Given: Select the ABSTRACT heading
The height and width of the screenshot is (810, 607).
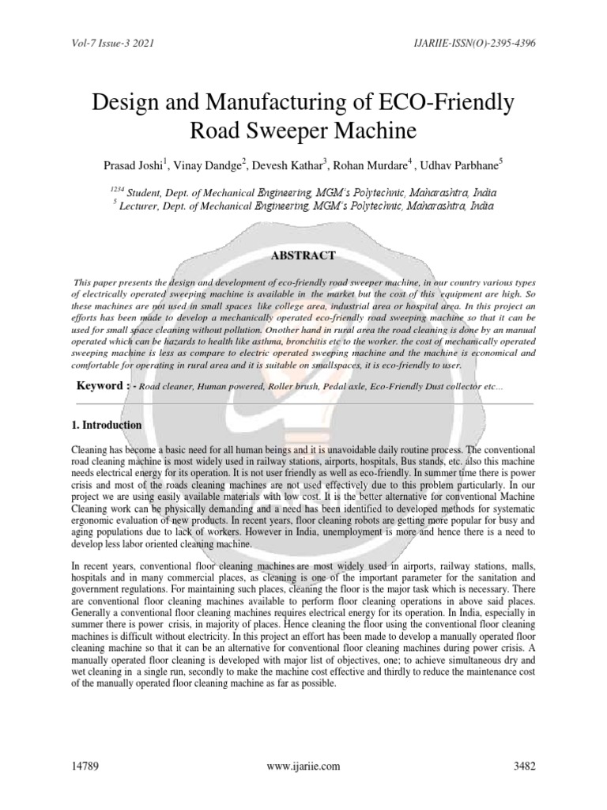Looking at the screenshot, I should click(x=303, y=255).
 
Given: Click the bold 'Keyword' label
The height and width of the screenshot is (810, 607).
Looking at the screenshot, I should click(x=102, y=385).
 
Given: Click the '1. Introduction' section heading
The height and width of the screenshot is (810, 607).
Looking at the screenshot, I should click(x=107, y=426).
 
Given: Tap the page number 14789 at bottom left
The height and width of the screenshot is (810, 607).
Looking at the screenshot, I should click(x=85, y=766).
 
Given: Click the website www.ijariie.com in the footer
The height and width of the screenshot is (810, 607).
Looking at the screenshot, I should click(x=303, y=766).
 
